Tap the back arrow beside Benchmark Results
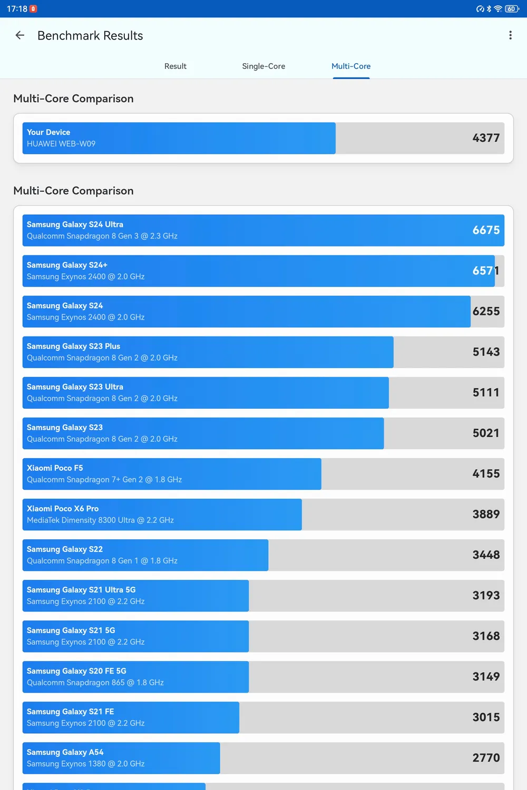tap(20, 35)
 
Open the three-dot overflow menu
tap(510, 35)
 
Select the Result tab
tap(175, 66)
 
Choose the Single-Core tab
tap(263, 66)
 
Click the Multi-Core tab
tap(351, 66)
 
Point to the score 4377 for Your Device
tap(486, 138)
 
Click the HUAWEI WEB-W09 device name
tap(61, 144)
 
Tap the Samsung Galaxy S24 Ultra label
tap(75, 224)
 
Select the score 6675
tap(486, 230)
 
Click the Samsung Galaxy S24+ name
tap(67, 265)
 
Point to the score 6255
tap(486, 311)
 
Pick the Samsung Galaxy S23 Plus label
tap(73, 346)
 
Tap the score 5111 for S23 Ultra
tap(486, 392)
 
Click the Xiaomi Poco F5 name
tap(55, 468)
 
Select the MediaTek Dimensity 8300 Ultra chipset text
tap(100, 520)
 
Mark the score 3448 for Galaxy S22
tap(486, 555)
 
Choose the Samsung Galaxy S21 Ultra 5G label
tap(81, 590)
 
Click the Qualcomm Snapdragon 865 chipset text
tap(95, 683)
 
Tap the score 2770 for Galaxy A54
tap(486, 758)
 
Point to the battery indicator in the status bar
tap(512, 9)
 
